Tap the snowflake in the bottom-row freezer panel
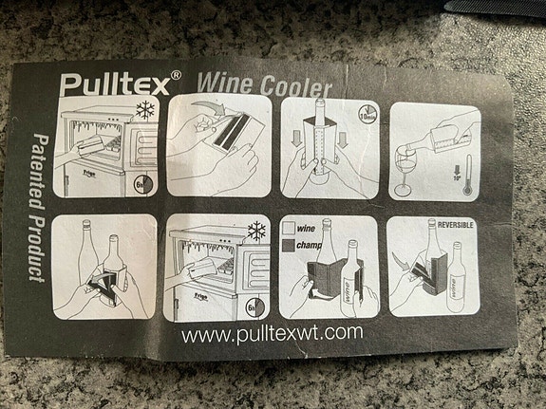point(254,232)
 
